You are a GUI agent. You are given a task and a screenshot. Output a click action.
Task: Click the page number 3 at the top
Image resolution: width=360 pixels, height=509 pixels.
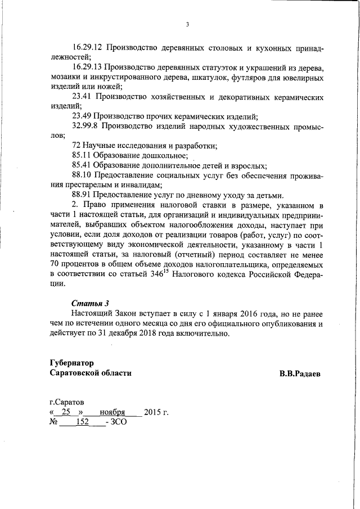[187, 24]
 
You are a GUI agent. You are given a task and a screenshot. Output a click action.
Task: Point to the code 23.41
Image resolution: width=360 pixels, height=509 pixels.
[82, 97]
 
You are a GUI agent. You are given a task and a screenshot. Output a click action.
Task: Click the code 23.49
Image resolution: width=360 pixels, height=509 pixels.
[82, 116]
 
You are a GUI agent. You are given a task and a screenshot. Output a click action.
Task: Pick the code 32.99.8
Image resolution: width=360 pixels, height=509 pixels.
[85, 126]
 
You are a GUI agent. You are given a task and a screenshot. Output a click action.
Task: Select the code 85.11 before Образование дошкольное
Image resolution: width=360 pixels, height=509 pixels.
[82, 155]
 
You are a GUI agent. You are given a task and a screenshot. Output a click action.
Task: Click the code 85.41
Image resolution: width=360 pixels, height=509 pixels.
[82, 165]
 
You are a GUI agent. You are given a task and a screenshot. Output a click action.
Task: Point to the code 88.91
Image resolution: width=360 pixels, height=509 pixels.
[82, 195]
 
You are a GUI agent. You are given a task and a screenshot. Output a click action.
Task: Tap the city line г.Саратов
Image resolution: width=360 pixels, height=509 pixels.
[67, 403]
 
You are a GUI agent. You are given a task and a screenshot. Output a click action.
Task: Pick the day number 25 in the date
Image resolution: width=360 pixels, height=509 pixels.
[66, 412]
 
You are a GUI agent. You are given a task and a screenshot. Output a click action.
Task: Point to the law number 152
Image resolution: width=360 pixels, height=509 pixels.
[83, 422]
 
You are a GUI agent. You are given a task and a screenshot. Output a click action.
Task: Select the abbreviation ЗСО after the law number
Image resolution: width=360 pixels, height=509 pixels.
[119, 422]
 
